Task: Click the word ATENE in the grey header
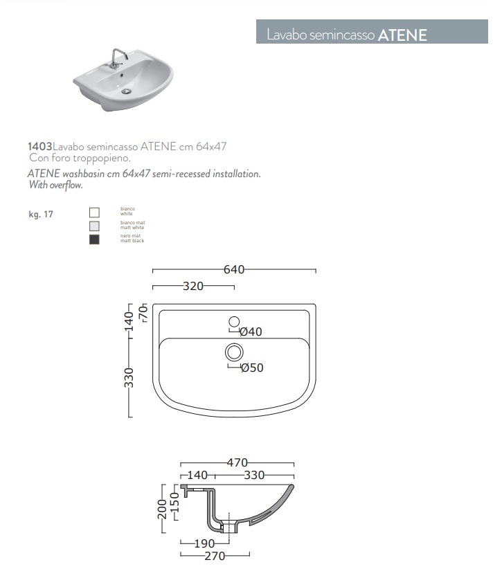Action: [402, 35]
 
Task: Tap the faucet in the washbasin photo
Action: [117, 58]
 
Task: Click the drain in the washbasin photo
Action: [127, 91]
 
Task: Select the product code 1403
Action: [40, 146]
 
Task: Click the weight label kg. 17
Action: [41, 215]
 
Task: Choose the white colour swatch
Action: [94, 213]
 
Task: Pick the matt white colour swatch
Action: [94, 226]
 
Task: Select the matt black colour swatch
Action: [94, 240]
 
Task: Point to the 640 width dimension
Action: [234, 269]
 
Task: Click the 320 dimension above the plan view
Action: [193, 287]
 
